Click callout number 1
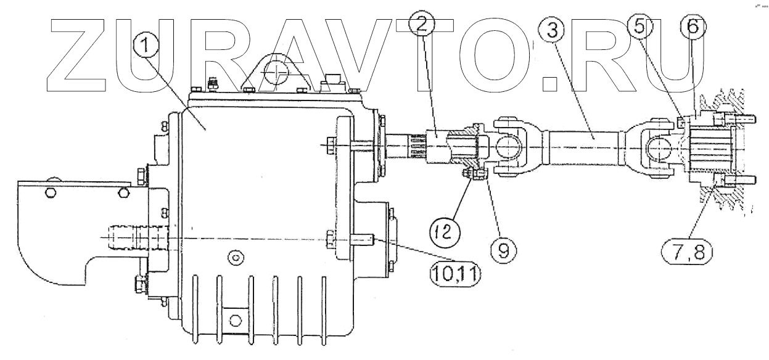(x=146, y=46)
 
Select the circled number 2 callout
(x=422, y=24)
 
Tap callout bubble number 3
(x=552, y=31)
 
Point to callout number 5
(x=639, y=27)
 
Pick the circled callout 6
(x=693, y=27)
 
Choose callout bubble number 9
(x=504, y=250)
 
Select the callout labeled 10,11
(x=455, y=274)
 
